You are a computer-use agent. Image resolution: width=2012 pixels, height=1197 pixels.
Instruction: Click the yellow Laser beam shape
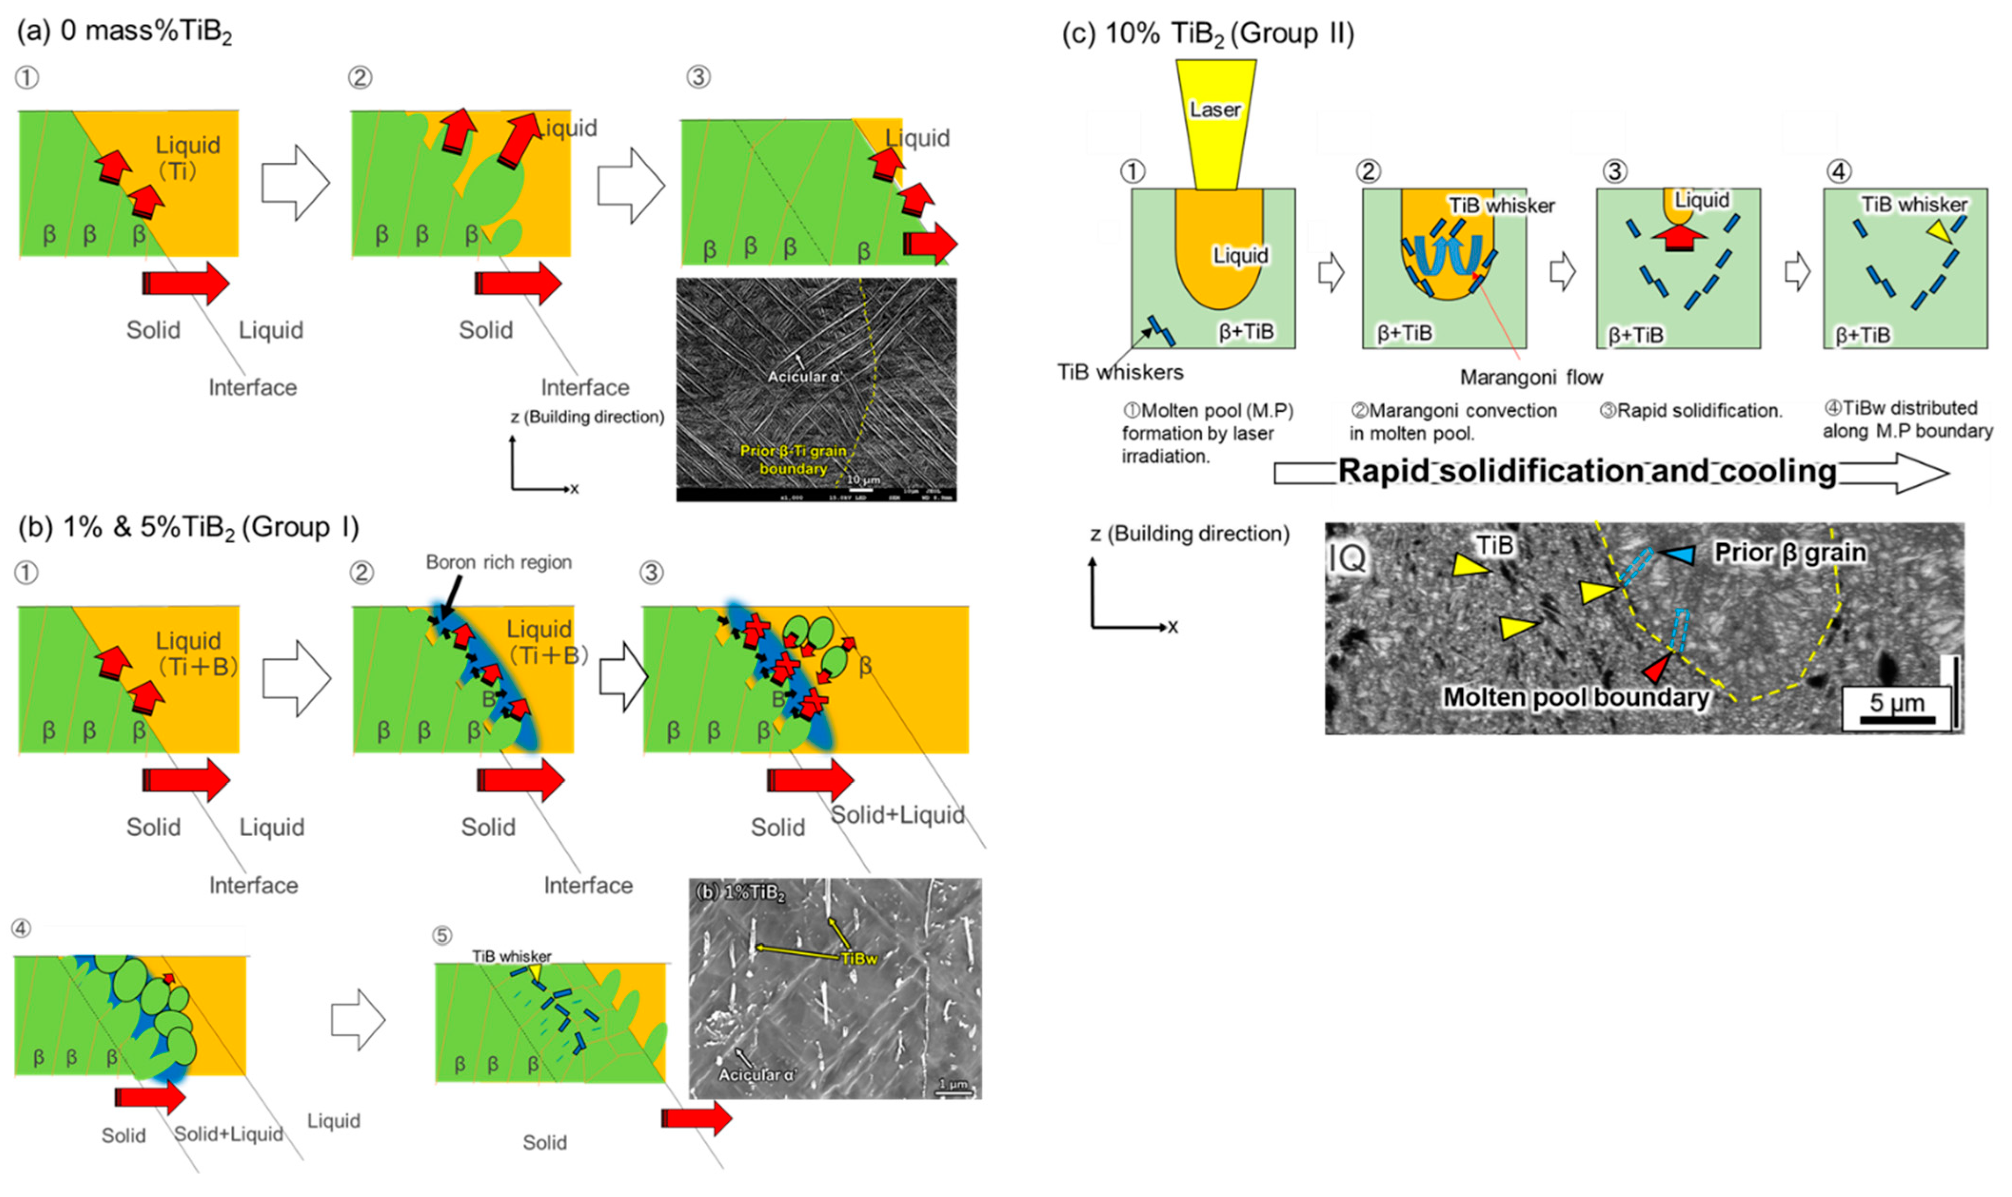tap(1215, 121)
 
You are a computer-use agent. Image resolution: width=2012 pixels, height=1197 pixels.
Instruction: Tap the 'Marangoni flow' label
tap(1530, 377)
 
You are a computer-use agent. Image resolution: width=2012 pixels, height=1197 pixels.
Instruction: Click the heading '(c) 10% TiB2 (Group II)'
tap(1207, 34)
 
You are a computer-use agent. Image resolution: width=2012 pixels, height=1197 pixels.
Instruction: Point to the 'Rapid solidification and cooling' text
tap(1587, 471)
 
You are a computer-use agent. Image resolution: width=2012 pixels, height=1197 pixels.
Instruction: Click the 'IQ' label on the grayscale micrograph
tap(1348, 556)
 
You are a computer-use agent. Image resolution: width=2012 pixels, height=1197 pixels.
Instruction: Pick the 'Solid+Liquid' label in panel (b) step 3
tap(898, 815)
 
